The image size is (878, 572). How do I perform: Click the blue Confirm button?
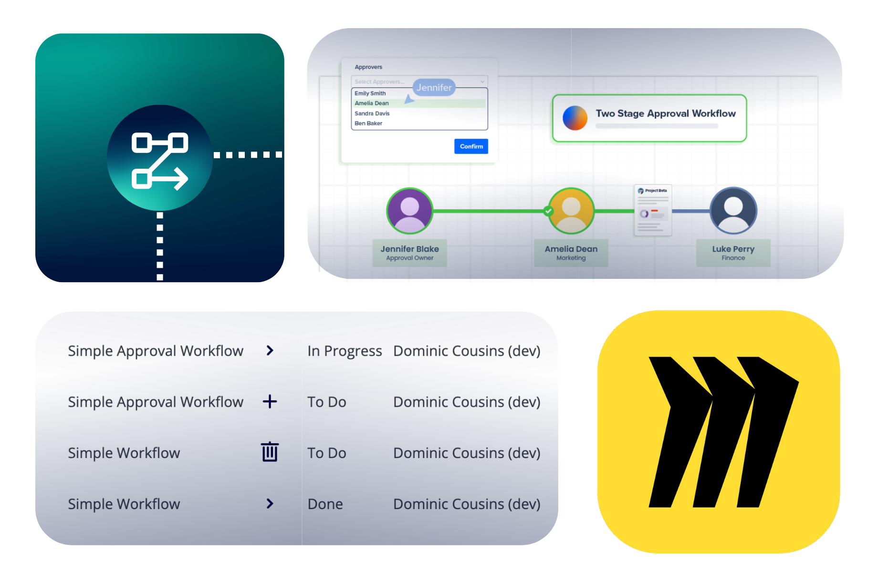coord(471,146)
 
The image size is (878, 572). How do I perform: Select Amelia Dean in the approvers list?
coord(372,103)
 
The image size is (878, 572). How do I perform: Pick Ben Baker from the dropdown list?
coord(368,123)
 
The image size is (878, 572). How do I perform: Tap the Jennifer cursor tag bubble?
coord(434,88)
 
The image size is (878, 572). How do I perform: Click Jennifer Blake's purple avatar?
coord(409,211)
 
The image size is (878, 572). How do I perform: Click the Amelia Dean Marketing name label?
coord(571,253)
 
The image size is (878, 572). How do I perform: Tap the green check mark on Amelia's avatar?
coord(549,211)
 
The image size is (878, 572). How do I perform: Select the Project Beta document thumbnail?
coord(653,210)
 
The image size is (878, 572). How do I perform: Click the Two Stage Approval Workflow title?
coord(665,113)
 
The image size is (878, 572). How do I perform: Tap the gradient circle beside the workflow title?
coord(575,118)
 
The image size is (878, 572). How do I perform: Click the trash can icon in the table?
coord(270,452)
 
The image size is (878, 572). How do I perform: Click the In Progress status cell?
coord(345,351)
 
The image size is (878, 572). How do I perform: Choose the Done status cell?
coord(325,504)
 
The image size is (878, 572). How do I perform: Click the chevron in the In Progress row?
coord(270,351)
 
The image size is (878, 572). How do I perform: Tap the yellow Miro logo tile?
coord(719,431)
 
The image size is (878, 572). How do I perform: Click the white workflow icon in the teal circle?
coord(160,160)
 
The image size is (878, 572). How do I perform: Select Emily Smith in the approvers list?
coord(370,93)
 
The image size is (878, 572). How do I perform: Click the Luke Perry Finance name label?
coord(733,253)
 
